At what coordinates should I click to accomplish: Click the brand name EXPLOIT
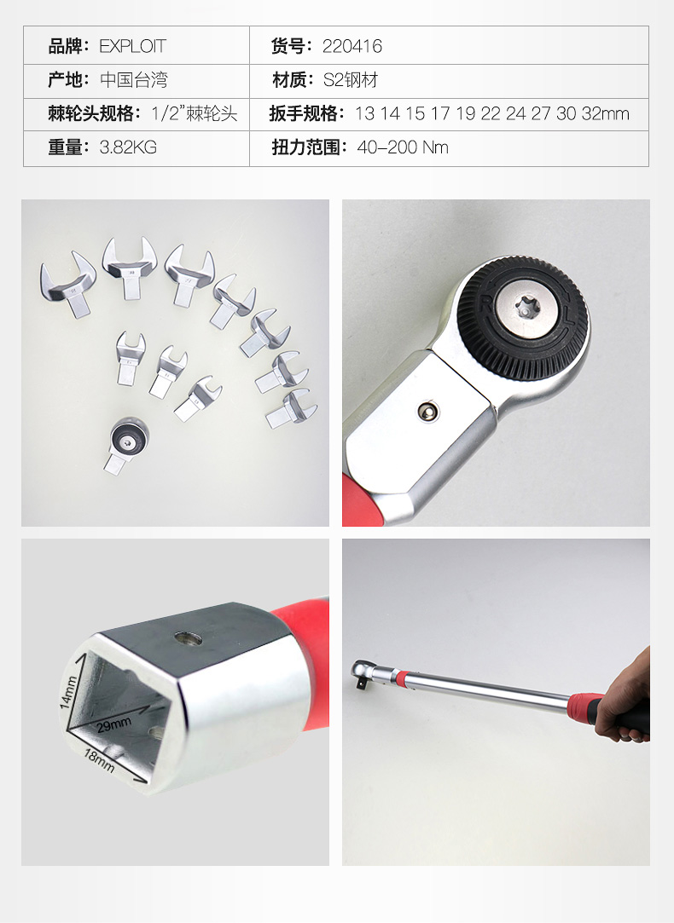click(132, 46)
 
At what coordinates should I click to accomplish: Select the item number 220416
click(352, 46)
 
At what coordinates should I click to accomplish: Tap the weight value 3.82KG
click(128, 147)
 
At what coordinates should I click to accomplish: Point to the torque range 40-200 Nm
click(403, 147)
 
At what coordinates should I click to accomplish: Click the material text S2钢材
click(350, 79)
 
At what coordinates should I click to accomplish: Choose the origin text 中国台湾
click(134, 79)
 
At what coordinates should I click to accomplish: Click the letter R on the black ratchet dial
click(486, 303)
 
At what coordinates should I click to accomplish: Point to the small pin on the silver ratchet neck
click(427, 412)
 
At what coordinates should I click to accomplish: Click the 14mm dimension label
click(69, 692)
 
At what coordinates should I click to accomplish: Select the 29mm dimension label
click(114, 724)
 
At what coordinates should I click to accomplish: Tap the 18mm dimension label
click(99, 760)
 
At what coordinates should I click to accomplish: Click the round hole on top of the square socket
click(189, 638)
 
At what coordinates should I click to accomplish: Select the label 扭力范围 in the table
click(305, 147)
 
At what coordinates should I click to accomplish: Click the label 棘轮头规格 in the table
click(90, 113)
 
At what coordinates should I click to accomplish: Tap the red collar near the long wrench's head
click(401, 678)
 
